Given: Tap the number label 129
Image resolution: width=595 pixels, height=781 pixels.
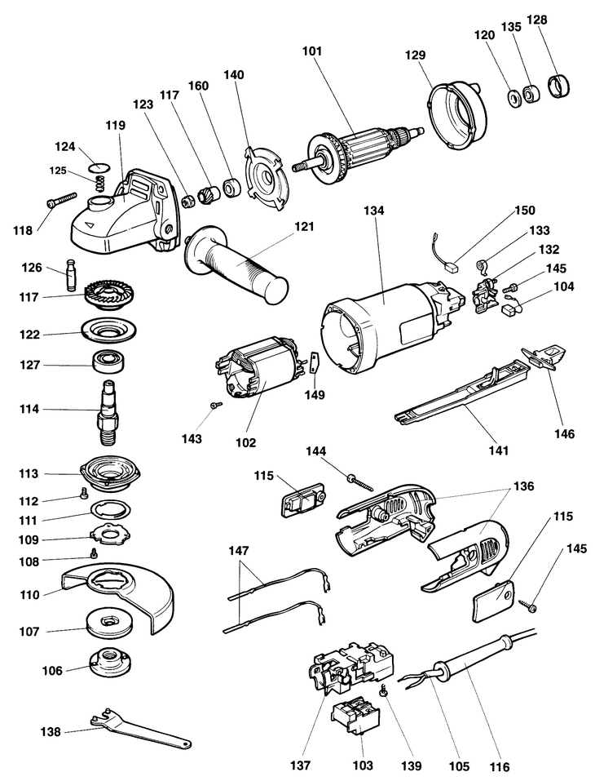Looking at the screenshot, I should [x=416, y=55].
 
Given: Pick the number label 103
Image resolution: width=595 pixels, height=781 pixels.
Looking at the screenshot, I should [x=363, y=765].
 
